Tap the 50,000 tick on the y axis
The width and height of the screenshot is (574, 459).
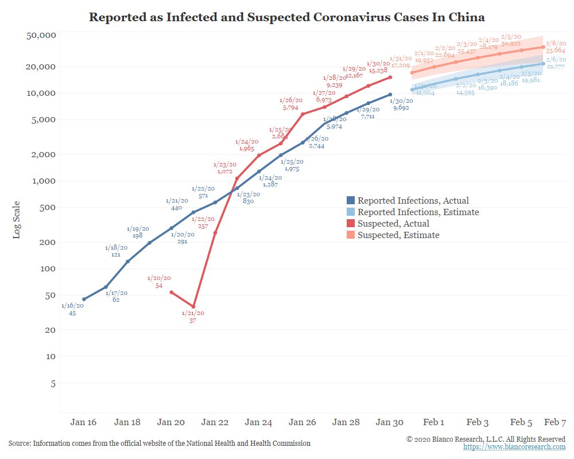(41, 36)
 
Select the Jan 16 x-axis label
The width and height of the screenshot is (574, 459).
(84, 422)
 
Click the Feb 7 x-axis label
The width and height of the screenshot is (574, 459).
(555, 422)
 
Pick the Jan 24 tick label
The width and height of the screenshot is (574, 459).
(259, 422)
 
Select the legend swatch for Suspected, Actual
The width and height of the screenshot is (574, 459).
(351, 224)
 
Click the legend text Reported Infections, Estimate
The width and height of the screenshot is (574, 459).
(418, 212)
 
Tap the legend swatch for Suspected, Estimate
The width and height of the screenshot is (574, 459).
(351, 235)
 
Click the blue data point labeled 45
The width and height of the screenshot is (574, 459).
(84, 299)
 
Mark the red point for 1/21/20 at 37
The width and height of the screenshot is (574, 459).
(193, 307)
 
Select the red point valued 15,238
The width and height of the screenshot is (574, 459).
(390, 77)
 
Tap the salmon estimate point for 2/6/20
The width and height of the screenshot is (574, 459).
(544, 47)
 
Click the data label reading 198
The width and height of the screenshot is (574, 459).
(137, 236)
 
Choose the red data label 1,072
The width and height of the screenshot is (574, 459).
(224, 171)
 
